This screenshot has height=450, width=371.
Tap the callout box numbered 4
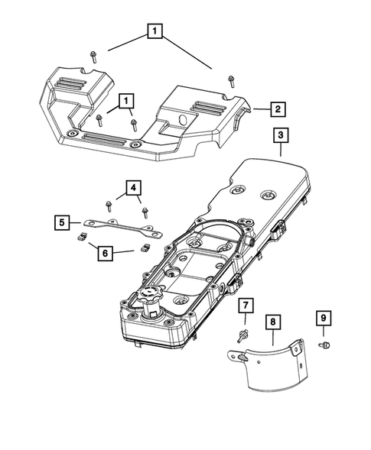(x=133, y=187)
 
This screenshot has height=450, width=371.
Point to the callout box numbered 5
(x=62, y=223)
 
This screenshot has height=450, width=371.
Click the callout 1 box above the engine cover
(x=156, y=32)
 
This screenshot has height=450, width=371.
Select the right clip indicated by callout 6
(x=142, y=248)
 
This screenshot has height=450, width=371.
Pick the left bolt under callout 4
(x=110, y=204)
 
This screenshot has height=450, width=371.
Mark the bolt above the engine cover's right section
(x=230, y=81)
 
